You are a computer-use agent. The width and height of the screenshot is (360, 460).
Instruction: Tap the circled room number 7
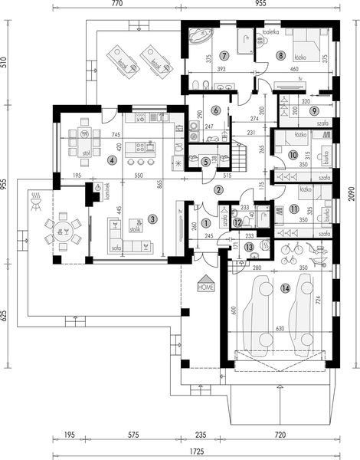(x=224, y=56)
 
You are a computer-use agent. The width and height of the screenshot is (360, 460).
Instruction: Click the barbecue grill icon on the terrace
(x=34, y=202)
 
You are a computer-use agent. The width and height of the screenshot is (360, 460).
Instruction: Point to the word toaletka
(x=268, y=33)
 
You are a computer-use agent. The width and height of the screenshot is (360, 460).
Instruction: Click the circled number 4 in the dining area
(x=113, y=160)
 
